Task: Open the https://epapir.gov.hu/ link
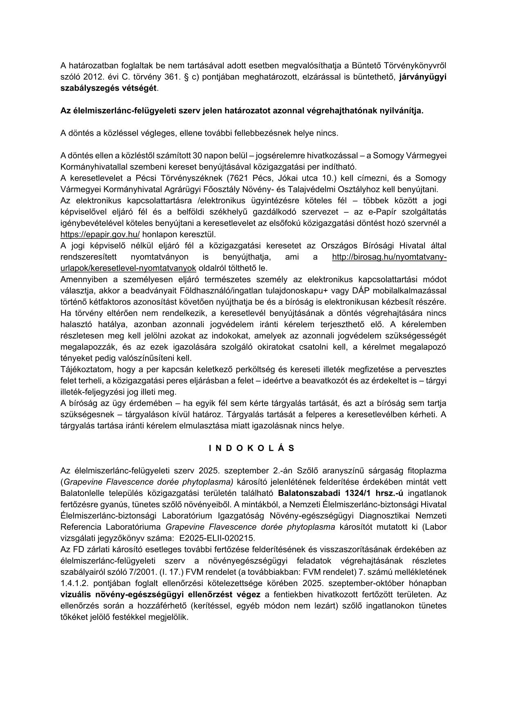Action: (x=100, y=234)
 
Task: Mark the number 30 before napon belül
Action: (x=197, y=156)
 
